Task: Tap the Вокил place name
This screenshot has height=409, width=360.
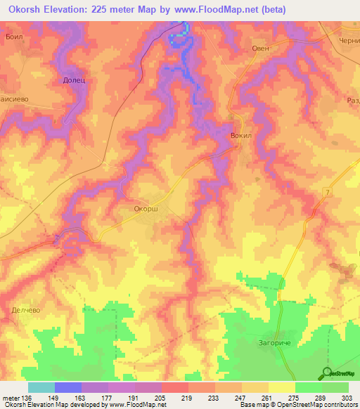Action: coord(240,131)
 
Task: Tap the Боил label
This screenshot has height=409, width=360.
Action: coord(15,36)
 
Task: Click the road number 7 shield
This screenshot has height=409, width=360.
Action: coord(327,192)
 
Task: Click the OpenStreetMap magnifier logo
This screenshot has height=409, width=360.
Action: coord(327,372)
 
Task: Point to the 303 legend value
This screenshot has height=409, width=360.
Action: coord(347,398)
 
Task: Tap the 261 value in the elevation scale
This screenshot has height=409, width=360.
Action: coord(267,398)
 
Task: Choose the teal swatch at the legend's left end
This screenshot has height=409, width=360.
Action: coord(41,387)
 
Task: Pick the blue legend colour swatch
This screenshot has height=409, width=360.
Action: coord(67,387)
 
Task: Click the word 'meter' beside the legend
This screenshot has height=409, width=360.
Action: coord(11,398)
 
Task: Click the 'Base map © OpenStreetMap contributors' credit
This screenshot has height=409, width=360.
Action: coord(297,405)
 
